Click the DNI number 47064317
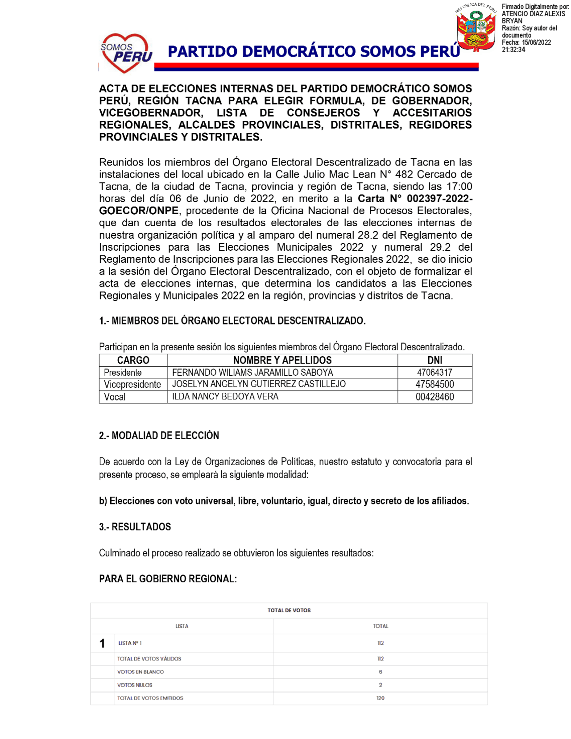434,373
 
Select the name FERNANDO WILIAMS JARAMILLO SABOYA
252,373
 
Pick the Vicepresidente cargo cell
132,385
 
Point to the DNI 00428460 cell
434,397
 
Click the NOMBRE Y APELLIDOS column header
282,360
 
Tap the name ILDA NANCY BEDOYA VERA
225,397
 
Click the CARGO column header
133,360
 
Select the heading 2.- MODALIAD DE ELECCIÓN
159,436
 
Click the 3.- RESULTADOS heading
135,527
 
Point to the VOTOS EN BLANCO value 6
381,672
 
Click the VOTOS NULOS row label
135,685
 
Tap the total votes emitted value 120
381,698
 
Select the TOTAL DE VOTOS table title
289,610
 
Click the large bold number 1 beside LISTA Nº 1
102,644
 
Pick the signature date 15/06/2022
537,43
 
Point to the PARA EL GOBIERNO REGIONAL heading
168,579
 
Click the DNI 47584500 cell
434,385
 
